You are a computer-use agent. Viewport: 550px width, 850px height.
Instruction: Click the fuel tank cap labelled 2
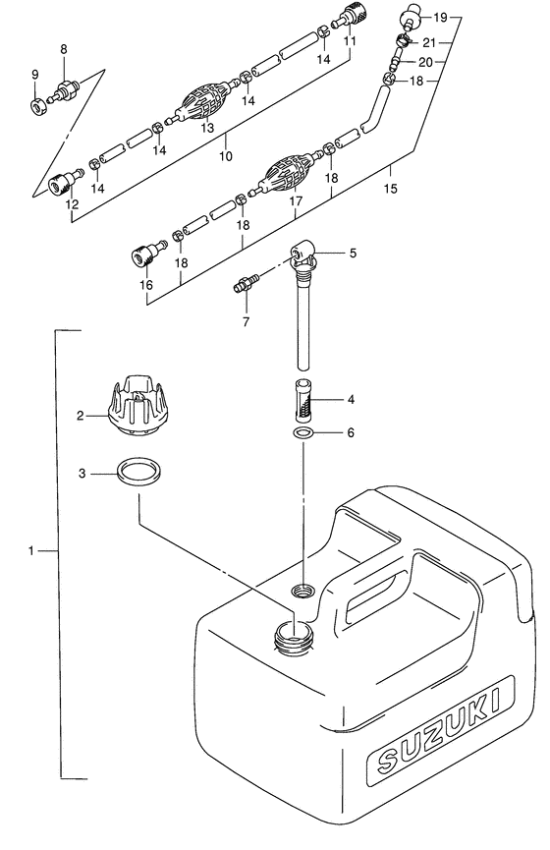139,407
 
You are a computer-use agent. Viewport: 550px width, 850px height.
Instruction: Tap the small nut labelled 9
38,106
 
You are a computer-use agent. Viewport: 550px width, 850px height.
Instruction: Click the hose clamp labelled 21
403,39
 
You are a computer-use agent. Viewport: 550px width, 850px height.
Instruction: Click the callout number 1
30,550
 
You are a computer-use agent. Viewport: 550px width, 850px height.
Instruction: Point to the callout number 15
390,188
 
